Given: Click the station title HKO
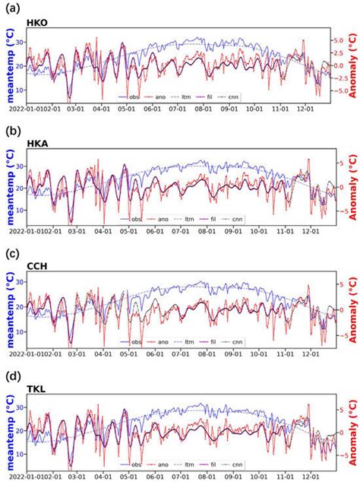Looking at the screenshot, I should (36, 24).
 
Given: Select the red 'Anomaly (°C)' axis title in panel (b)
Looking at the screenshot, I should (352, 186).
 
